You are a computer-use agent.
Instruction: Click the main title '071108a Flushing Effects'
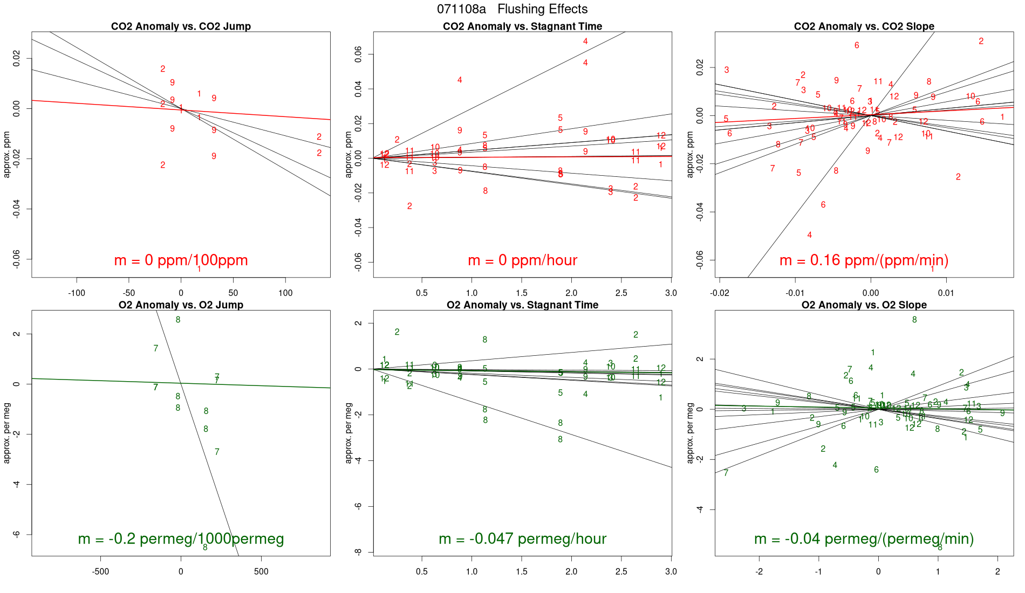pos(512,9)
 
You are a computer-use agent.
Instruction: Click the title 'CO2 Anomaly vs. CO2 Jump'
pos(181,26)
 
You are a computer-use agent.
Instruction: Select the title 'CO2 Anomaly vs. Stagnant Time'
pos(522,26)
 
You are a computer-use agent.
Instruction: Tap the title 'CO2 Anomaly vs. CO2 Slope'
pos(864,26)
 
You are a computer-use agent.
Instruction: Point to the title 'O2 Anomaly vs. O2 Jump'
pos(181,305)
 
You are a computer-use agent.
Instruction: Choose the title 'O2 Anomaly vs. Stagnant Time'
pos(522,305)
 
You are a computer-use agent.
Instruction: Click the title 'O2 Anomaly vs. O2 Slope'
pos(864,305)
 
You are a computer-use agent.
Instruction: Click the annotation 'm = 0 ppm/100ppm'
pos(181,260)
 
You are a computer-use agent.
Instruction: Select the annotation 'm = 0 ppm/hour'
pos(522,260)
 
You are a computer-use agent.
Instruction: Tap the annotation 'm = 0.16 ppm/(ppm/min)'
pos(864,260)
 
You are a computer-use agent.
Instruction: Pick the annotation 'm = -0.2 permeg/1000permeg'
pos(181,539)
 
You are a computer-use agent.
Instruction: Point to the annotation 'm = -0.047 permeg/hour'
pos(522,539)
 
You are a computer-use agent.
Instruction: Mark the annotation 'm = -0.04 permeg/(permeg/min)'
pos(864,539)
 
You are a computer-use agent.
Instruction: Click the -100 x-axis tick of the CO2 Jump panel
pos(77,293)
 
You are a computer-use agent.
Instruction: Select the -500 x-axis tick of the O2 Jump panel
pos(100,572)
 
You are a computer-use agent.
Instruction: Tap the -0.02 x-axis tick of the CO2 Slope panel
pos(720,293)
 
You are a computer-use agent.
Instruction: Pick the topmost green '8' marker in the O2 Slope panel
pos(914,320)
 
